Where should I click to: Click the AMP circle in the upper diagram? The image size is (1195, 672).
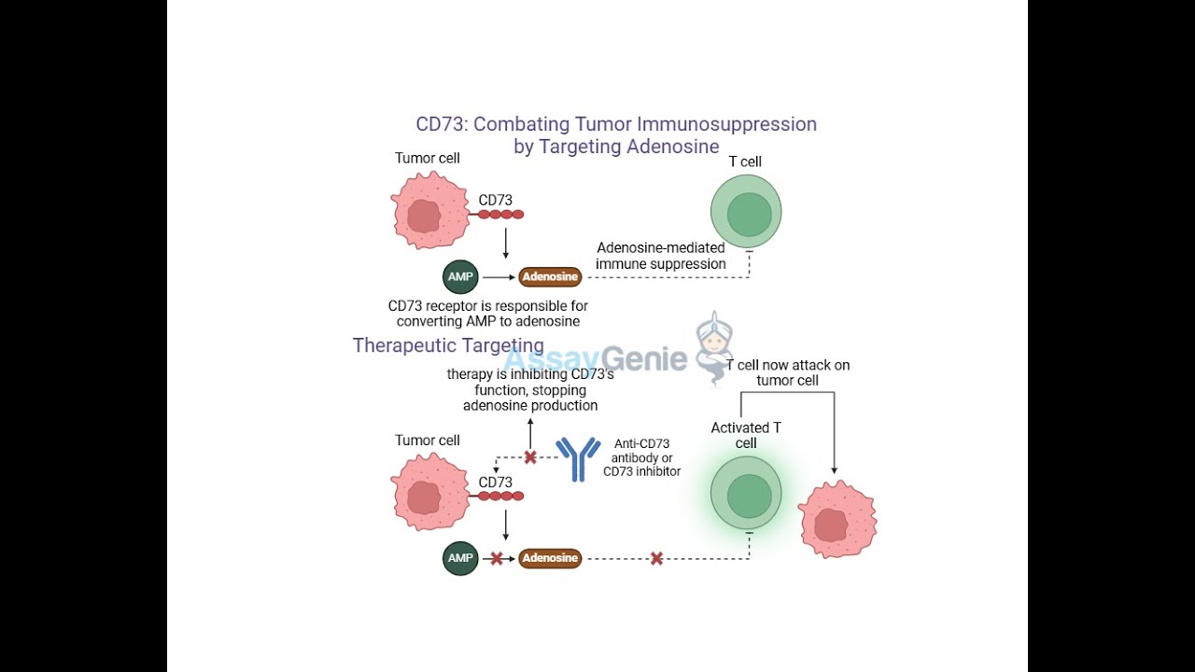coord(460,277)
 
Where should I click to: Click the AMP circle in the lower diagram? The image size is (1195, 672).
coord(460,558)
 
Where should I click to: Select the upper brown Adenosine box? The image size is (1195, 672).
coord(550,276)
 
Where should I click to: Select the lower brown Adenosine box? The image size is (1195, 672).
coord(550,558)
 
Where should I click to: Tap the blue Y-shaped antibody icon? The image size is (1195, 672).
coord(579,457)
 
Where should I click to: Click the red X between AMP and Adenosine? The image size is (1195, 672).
coord(497,558)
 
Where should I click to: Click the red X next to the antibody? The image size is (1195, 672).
coord(530,457)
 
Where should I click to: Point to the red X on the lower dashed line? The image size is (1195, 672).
coord(656,558)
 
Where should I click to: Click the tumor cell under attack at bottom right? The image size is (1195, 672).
coord(836,519)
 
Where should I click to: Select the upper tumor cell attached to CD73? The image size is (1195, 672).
coord(429,211)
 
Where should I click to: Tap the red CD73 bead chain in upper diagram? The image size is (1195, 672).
coord(500,215)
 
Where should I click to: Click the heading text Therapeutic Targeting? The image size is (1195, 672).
coord(448,345)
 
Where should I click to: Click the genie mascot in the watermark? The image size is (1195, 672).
coord(715,348)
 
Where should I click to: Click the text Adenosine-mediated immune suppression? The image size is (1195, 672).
coord(661,256)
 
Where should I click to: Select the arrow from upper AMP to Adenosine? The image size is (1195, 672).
coord(498,277)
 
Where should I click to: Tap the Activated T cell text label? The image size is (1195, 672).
coord(746,435)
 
